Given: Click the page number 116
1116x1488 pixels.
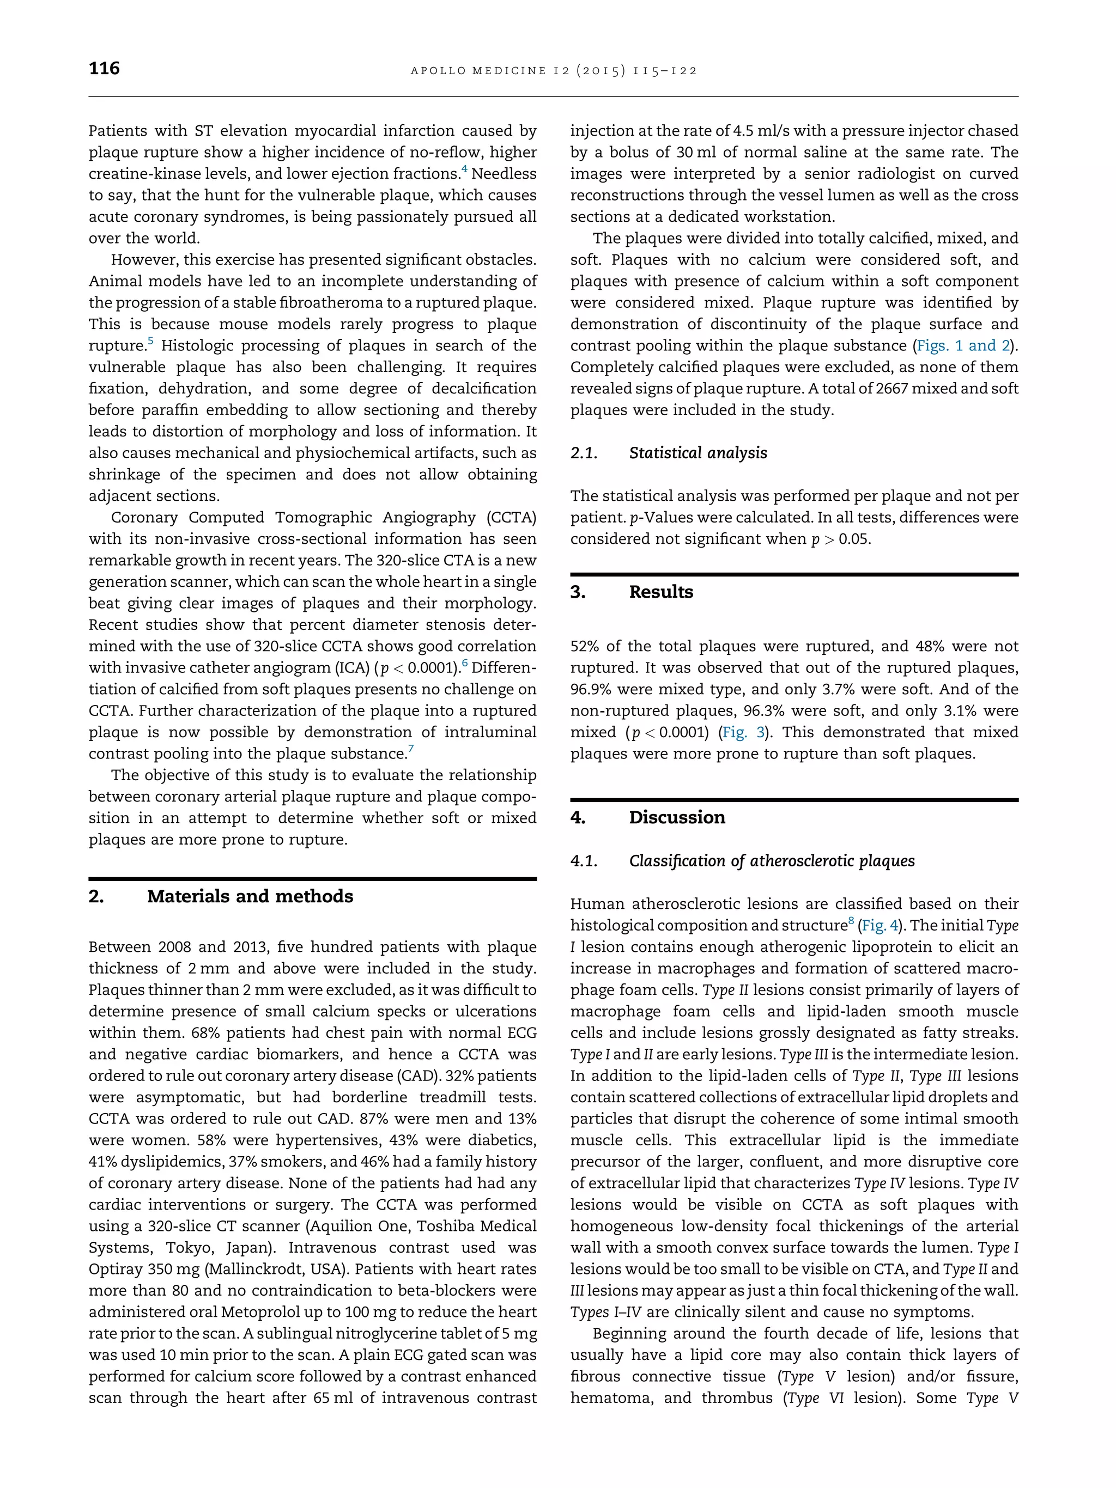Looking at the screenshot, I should tap(104, 69).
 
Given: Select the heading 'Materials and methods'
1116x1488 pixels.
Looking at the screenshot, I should tap(250, 897).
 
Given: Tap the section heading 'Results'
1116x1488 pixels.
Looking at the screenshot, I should tap(660, 592).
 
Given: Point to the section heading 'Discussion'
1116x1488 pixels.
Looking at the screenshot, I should tap(677, 817).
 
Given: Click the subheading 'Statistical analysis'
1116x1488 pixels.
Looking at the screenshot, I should tap(697, 453).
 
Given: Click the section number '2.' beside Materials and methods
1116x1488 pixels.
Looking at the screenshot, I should tap(96, 897).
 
